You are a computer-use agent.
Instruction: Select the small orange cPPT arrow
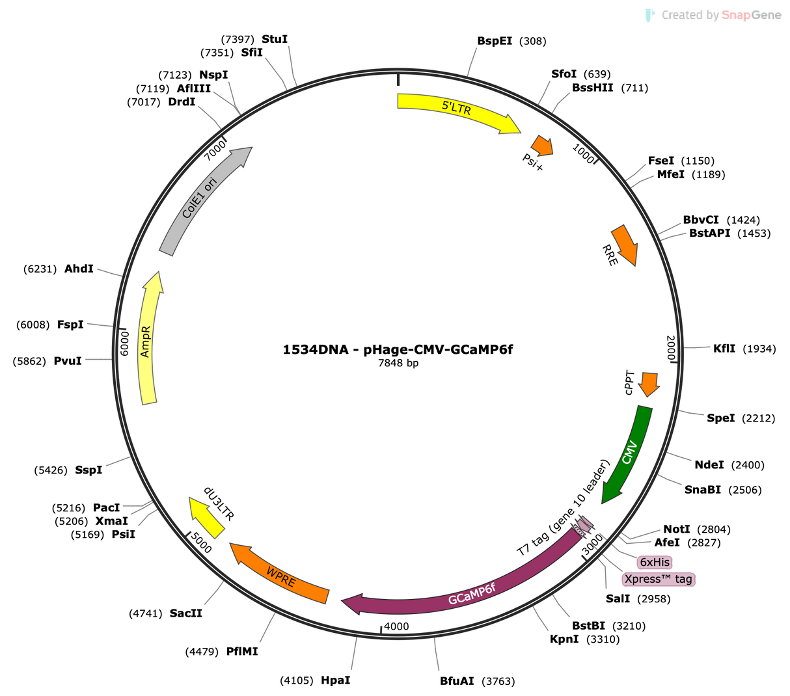tap(649, 384)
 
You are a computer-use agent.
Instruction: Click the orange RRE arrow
tap(625, 245)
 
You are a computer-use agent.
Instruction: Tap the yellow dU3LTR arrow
tap(206, 518)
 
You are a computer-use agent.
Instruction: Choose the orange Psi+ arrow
tap(543, 146)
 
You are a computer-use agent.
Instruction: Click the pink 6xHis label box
tap(655, 562)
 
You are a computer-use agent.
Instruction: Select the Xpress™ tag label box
tap(658, 579)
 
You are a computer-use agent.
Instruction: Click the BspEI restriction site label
tap(495, 41)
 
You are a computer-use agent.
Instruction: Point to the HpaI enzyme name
tap(335, 680)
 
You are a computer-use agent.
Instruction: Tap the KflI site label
tap(724, 349)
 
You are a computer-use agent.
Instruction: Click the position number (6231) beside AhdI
tap(40, 269)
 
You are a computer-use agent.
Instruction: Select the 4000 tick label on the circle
tap(396, 626)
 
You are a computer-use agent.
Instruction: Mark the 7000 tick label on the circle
tap(215, 150)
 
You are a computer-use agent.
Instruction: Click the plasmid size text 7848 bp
tap(398, 363)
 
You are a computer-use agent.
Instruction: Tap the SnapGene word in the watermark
tap(752, 15)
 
